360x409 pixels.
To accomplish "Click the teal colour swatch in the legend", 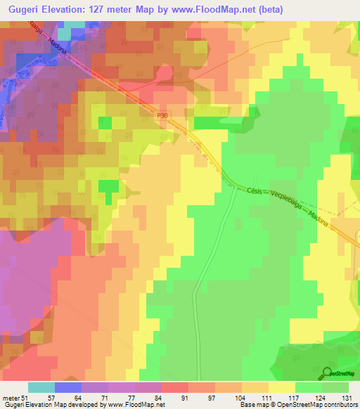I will (x=41, y=387).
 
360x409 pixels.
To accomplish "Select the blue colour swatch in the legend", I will (x=68, y=387).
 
